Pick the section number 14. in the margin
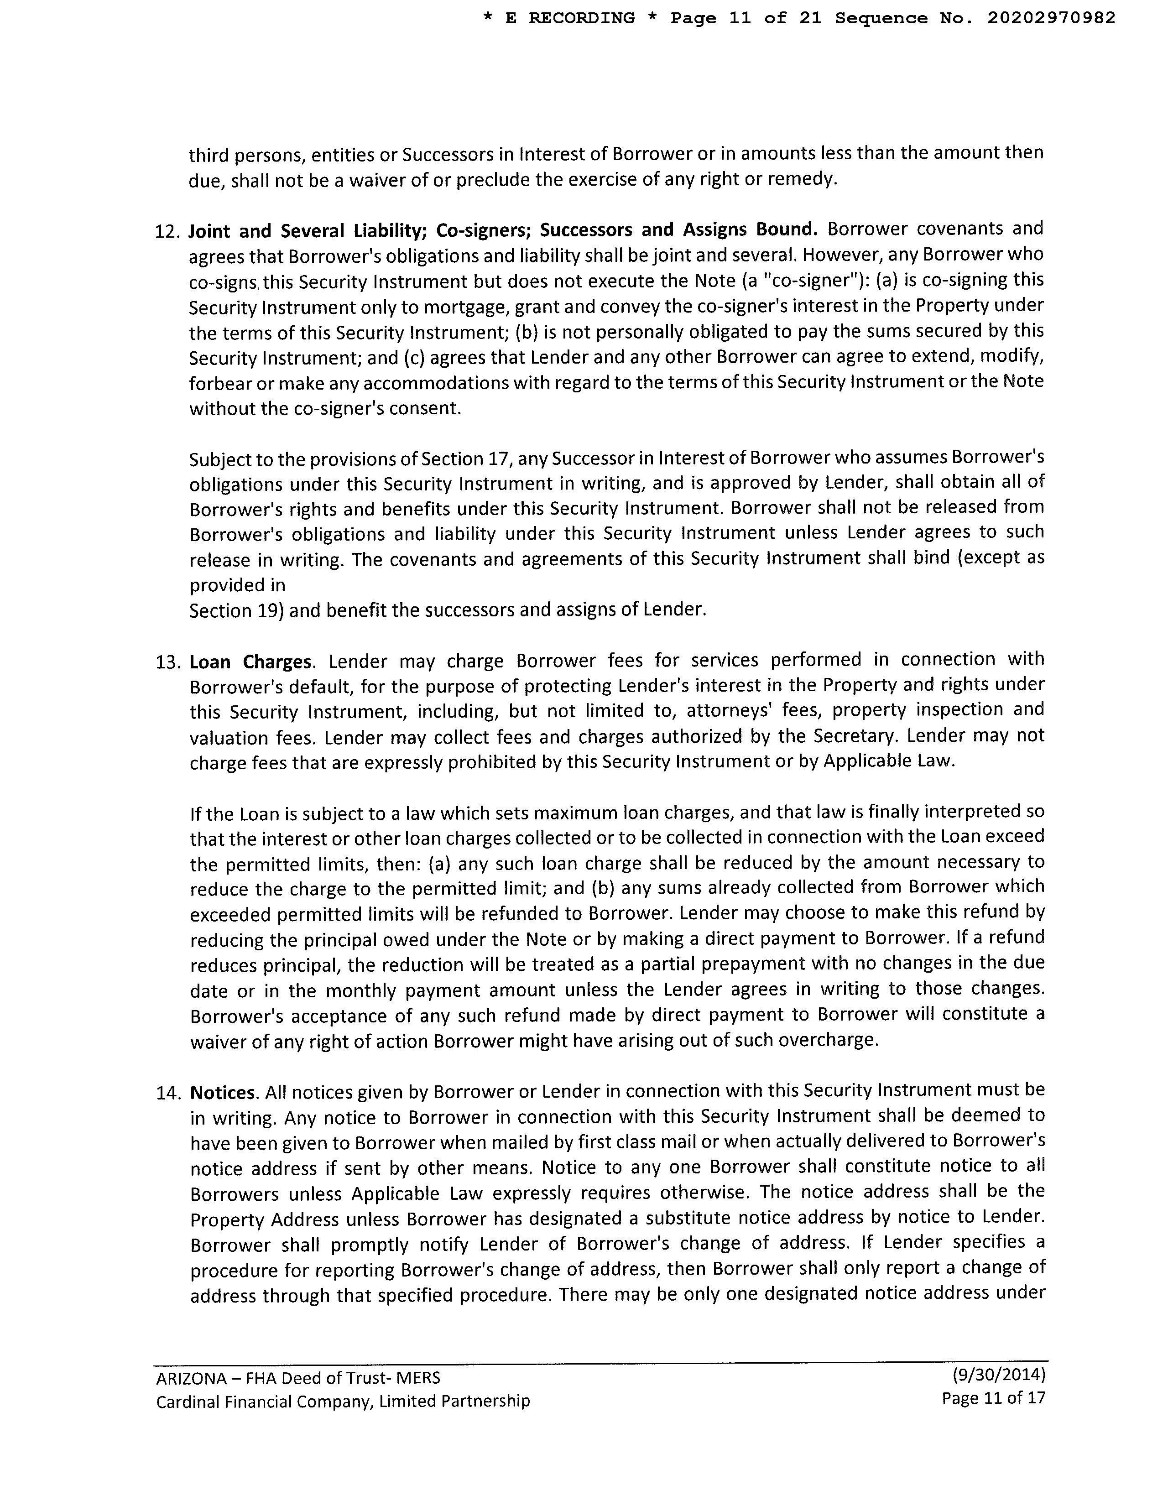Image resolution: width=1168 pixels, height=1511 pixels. click(168, 1093)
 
